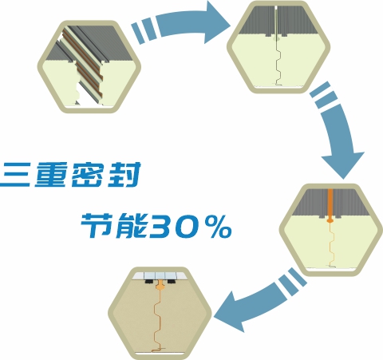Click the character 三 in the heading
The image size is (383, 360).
coord(15,175)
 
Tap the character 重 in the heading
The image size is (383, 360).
coord(51,175)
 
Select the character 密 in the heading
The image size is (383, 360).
coord(87,175)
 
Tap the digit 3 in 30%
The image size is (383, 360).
coord(162,225)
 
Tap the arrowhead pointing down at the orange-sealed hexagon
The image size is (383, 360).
coord(343,165)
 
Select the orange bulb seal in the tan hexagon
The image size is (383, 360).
coord(160,287)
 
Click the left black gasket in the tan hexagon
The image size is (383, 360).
coord(150,282)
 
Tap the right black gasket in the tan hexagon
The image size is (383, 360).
coord(171,281)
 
